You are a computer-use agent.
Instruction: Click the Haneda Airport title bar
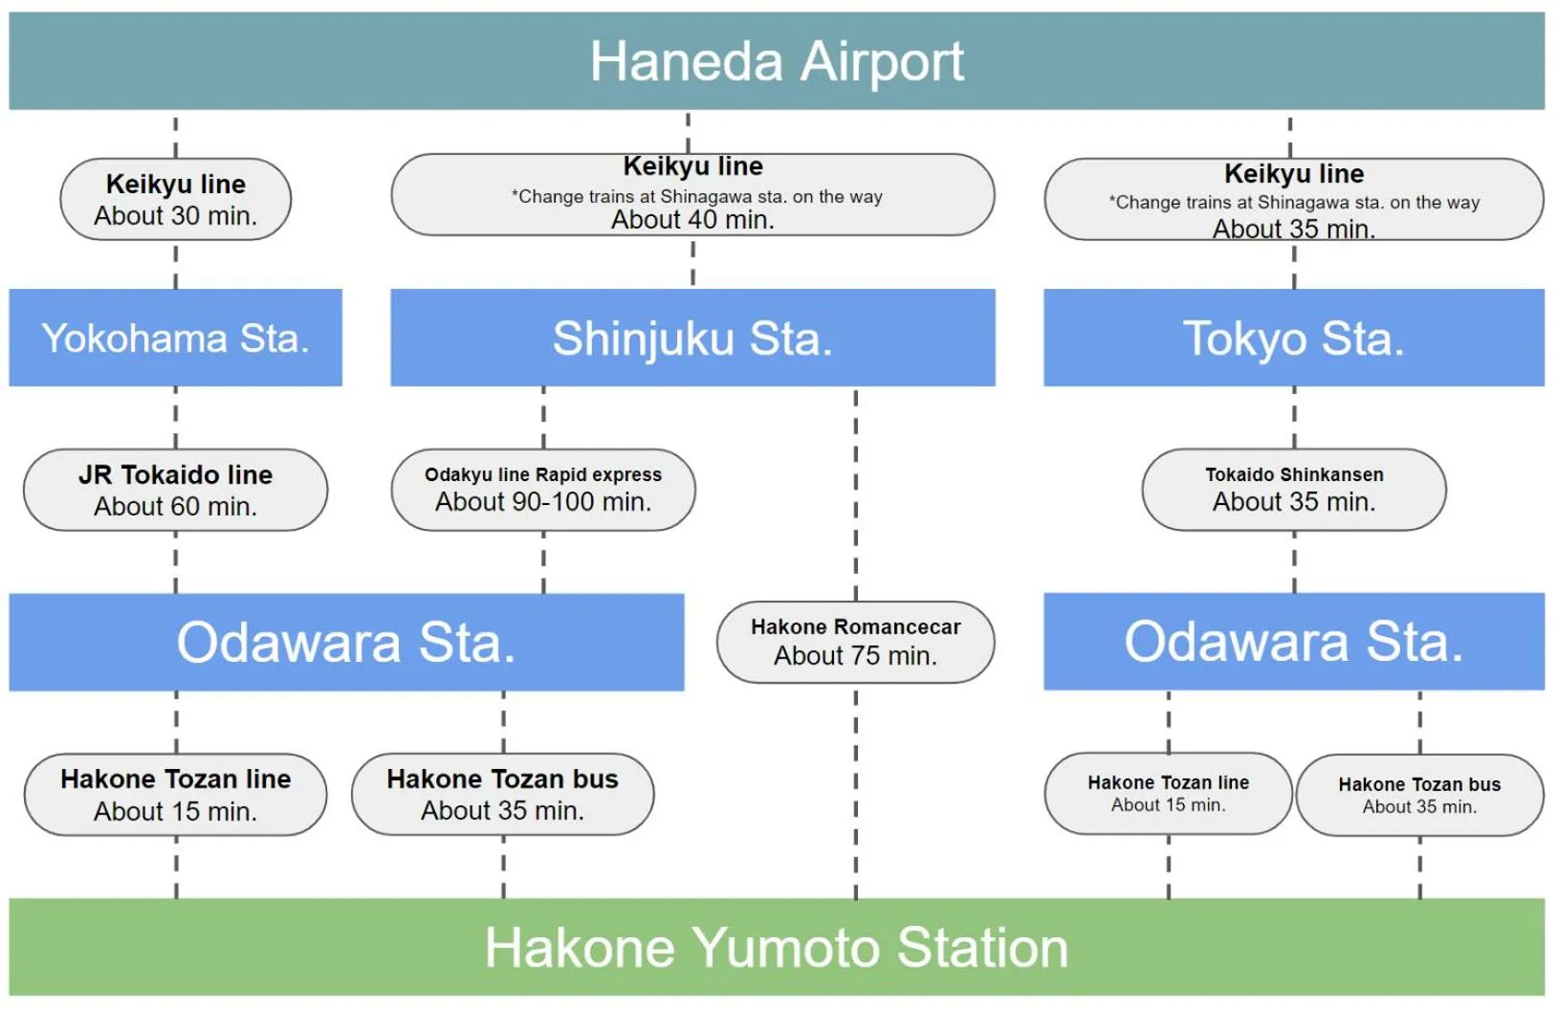(x=777, y=61)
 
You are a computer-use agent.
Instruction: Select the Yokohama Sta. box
(x=176, y=338)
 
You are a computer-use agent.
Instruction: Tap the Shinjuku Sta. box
(x=692, y=338)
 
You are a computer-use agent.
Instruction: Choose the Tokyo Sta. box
(x=1293, y=338)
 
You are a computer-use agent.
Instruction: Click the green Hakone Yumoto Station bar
(x=777, y=947)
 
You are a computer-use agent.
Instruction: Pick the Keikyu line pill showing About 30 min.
(x=176, y=199)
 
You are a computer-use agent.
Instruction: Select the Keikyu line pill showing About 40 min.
(x=692, y=194)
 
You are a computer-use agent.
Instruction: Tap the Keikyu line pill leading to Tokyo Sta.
(x=1293, y=199)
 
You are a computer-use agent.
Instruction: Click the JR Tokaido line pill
(x=176, y=490)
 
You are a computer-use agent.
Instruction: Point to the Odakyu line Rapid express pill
(x=543, y=490)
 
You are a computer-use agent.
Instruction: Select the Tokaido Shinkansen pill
(x=1293, y=490)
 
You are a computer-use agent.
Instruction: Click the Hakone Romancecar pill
(x=855, y=642)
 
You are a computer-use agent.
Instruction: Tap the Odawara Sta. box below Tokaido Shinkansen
(x=1293, y=642)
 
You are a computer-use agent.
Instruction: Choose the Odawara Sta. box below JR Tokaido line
(x=346, y=642)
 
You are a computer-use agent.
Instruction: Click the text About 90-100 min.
(x=543, y=502)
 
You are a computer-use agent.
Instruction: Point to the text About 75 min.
(x=855, y=656)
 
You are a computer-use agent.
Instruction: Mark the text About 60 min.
(x=176, y=507)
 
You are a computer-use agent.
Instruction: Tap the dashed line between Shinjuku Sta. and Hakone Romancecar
(x=856, y=493)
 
